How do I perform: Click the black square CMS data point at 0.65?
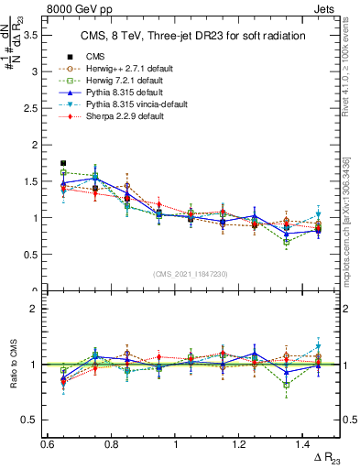pyautogui.click(x=63, y=163)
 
